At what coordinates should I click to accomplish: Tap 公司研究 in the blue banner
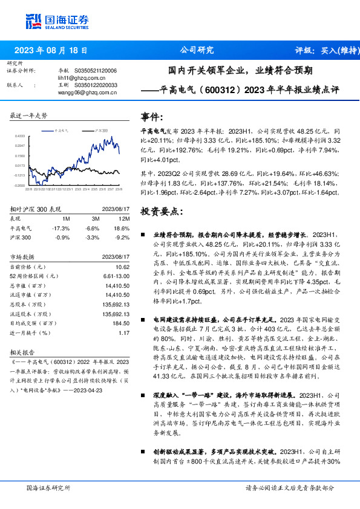point(197,51)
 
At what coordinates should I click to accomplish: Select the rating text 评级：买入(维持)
point(324,51)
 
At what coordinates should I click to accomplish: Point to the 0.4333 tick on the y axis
point(20,137)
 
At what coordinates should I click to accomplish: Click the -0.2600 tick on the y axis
point(20,186)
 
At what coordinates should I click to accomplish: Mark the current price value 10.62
point(123,267)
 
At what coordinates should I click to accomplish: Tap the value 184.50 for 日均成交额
point(120,324)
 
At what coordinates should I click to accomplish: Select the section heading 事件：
point(152,117)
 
